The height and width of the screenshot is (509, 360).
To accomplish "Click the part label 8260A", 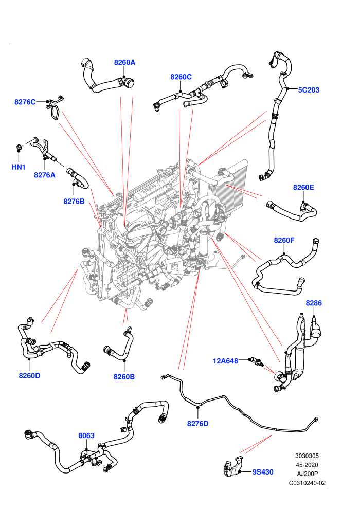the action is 124,62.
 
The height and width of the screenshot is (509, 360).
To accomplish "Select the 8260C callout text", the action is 181,77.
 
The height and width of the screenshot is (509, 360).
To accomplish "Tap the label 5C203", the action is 309,90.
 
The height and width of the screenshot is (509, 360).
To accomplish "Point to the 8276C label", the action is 25,102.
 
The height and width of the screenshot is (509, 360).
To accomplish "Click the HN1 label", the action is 18,167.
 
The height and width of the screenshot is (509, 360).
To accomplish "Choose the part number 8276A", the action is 44,175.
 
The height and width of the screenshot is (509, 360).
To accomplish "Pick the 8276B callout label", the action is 74,201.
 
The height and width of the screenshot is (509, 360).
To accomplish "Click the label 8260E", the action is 303,187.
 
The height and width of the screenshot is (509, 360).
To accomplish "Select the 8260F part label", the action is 284,240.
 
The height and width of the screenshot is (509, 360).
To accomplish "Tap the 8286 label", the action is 314,303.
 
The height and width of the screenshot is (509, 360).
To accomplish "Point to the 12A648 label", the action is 225,360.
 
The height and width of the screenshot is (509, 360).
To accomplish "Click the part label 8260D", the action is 29,376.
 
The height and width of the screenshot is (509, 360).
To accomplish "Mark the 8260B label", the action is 124,377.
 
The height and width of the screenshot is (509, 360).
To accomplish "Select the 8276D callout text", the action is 197,424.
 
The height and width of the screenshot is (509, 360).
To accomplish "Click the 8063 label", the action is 86,435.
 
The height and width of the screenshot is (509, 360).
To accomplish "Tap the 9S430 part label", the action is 263,472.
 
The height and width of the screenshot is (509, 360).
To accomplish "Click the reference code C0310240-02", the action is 307,483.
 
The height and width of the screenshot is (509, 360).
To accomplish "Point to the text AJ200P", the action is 308,474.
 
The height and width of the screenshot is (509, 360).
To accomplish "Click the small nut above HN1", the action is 19,148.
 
